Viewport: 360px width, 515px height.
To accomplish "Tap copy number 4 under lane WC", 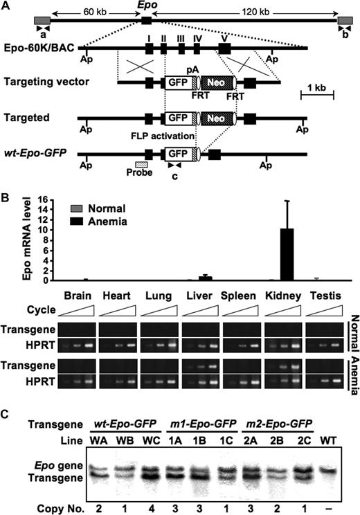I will click(147, 507).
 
